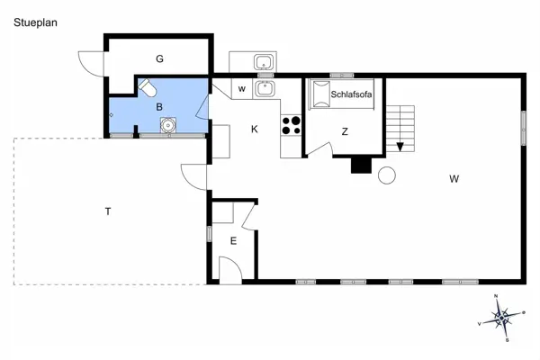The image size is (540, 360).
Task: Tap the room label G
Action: (159, 59)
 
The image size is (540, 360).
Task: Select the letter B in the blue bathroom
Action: (159, 107)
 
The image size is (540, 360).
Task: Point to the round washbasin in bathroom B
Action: (167, 126)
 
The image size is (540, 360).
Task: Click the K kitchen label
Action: (255, 130)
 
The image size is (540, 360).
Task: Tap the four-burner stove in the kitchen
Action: (291, 124)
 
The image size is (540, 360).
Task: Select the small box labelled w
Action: (242, 89)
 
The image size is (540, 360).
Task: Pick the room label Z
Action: (345, 131)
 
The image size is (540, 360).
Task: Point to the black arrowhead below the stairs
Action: (400, 147)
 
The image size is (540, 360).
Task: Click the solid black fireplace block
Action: (360, 165)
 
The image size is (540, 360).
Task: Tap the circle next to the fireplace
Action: (387, 175)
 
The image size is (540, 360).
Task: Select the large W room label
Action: (454, 179)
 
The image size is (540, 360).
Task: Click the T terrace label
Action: (108, 211)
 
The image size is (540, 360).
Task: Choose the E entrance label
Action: (232, 240)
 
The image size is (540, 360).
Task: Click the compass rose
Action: (500, 317)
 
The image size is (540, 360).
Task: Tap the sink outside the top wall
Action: (264, 63)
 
